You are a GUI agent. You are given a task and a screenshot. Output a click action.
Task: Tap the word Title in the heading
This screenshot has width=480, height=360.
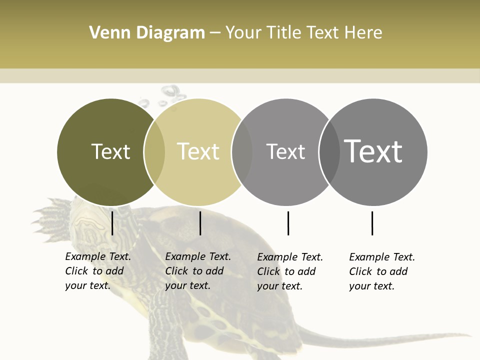point(283,33)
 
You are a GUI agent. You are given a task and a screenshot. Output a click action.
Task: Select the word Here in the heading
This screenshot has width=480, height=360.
point(363,33)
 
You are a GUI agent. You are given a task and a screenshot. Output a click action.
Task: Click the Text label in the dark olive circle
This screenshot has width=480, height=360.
point(110,151)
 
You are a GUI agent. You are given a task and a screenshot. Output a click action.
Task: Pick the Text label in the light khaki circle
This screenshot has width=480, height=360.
point(198,151)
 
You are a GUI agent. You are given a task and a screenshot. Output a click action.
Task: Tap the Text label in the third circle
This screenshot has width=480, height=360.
point(285,151)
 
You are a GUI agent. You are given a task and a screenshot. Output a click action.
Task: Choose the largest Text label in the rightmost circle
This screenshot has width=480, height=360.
point(373,151)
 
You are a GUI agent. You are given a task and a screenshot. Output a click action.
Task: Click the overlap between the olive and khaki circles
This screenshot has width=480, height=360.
point(154,152)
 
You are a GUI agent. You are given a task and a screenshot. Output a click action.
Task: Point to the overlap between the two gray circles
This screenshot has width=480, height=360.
point(329,152)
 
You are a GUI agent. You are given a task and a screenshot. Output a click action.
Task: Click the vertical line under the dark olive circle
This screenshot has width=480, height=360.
point(112,223)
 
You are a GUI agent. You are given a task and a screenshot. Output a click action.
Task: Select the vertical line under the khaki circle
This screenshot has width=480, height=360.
point(200,223)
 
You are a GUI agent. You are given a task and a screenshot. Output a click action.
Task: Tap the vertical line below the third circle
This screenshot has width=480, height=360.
point(288,223)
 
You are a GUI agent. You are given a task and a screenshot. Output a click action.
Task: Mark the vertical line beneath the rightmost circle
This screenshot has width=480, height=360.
point(372,223)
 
